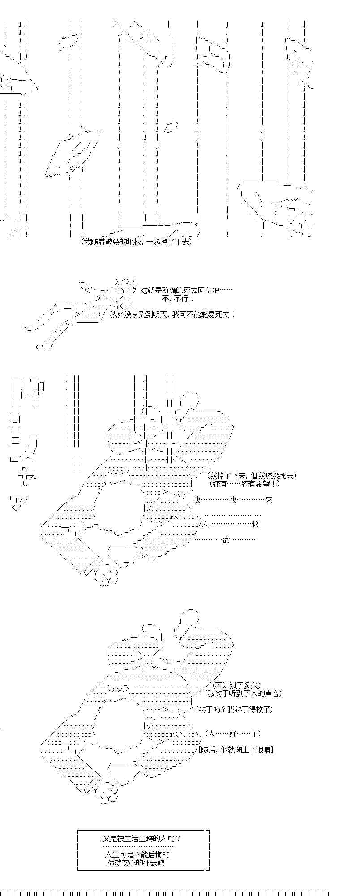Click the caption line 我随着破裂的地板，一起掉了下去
coord(137,242)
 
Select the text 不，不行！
coord(178,299)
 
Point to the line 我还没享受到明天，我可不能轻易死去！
coord(172,314)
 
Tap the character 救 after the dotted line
coord(256,524)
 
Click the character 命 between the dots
coord(226,540)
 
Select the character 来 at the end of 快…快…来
coord(269,500)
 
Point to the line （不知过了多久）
coord(236,685)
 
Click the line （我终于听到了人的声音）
coord(244,694)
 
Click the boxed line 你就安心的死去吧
coord(136,862)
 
